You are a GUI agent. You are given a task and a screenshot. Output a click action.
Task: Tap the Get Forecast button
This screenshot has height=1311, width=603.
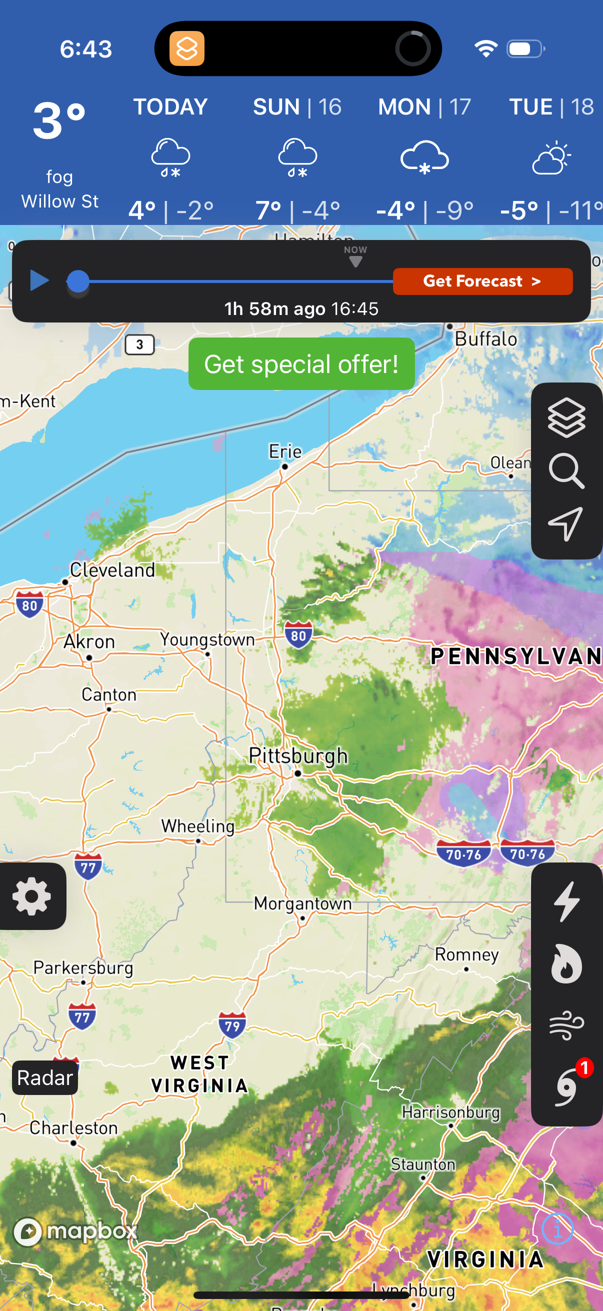(x=482, y=281)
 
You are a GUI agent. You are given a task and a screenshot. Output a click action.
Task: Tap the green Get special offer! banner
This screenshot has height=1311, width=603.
(x=301, y=364)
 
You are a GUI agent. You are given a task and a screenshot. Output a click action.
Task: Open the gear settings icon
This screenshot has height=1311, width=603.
(x=31, y=896)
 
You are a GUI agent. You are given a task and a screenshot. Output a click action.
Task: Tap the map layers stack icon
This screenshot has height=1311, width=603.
(x=566, y=418)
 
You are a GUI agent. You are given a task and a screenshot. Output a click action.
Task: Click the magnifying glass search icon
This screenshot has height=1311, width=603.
(x=566, y=471)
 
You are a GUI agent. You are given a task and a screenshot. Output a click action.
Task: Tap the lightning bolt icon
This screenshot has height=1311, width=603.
(x=566, y=901)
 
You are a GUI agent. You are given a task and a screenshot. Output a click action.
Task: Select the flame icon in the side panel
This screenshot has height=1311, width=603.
(x=566, y=963)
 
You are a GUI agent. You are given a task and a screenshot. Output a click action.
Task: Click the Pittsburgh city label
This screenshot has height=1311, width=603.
(x=298, y=756)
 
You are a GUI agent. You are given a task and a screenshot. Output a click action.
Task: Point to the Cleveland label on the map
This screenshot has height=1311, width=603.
(x=112, y=570)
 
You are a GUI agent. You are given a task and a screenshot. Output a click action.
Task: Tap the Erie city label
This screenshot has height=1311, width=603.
(x=285, y=451)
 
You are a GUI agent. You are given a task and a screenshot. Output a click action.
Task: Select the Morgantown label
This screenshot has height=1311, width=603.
(x=303, y=903)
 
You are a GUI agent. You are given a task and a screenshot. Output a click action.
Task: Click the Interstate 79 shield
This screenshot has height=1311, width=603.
(x=232, y=1025)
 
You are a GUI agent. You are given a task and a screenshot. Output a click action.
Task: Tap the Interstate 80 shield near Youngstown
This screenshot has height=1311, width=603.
(x=298, y=635)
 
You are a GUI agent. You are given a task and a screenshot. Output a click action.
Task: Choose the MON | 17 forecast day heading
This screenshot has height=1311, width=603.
(x=424, y=107)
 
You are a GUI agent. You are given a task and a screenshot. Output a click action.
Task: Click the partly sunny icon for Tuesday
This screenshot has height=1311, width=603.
(x=551, y=158)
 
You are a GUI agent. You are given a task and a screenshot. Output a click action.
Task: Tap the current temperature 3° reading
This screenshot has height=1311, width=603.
(x=59, y=121)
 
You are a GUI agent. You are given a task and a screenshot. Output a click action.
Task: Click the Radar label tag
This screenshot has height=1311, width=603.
(x=45, y=1077)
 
